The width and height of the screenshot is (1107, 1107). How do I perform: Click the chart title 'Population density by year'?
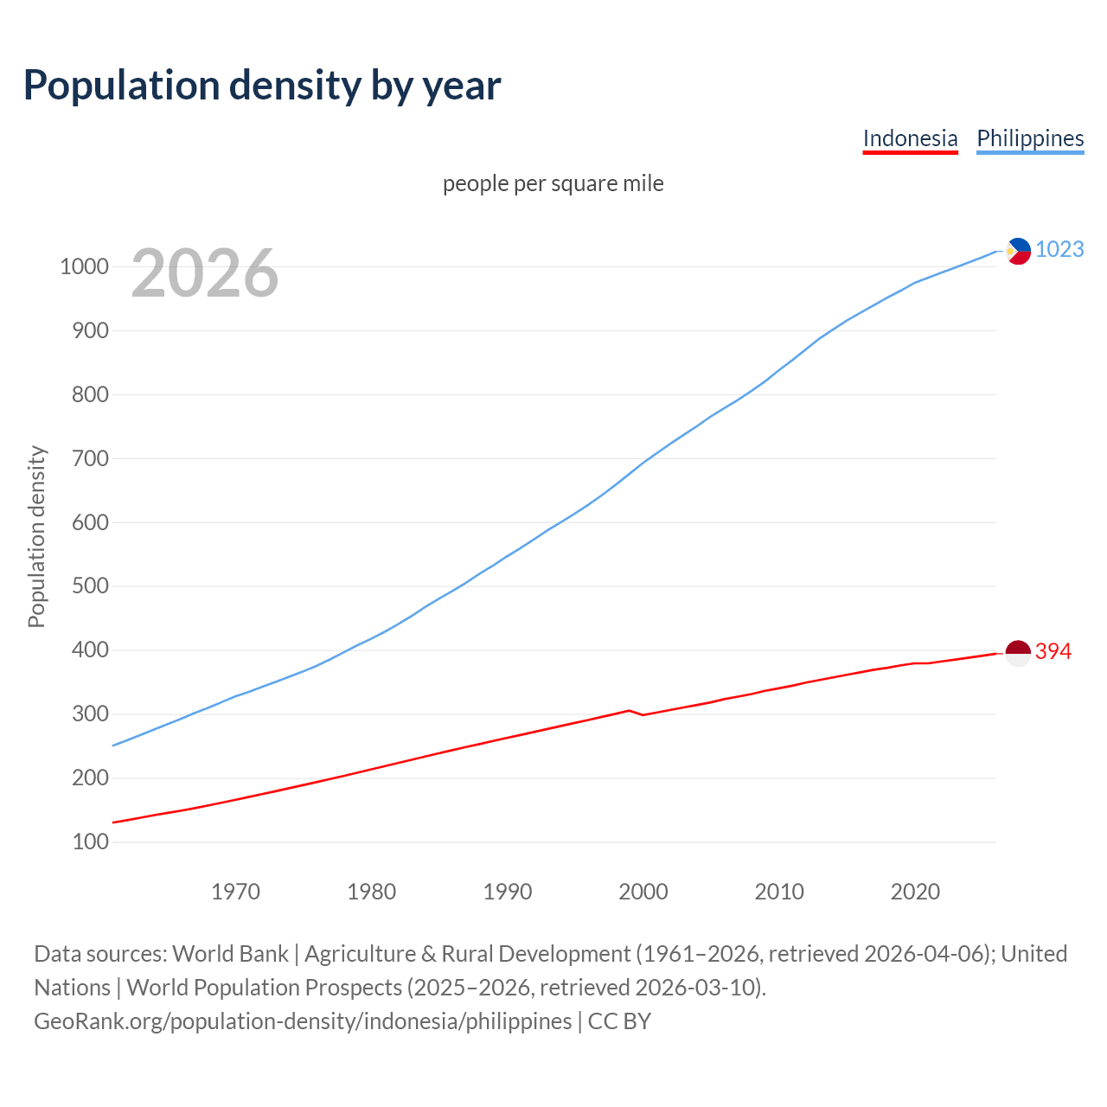click(262, 85)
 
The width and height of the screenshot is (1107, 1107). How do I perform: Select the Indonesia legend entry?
click(910, 138)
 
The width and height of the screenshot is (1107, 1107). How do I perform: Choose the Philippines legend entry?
click(1029, 138)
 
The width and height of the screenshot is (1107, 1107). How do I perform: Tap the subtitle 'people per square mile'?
click(553, 183)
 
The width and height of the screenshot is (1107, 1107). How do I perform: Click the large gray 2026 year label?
click(205, 273)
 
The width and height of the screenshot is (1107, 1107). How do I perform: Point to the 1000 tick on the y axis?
click(84, 266)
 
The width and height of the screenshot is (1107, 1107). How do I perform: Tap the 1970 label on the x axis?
click(235, 892)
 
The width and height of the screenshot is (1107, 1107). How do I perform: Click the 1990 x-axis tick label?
click(508, 892)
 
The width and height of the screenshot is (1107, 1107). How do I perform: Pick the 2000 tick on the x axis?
click(643, 892)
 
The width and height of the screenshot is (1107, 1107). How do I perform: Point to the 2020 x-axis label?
click(915, 892)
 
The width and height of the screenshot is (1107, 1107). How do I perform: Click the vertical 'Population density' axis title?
click(36, 536)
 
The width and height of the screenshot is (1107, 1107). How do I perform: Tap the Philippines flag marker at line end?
click(1018, 251)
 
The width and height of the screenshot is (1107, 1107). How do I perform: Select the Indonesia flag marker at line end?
click(1018, 653)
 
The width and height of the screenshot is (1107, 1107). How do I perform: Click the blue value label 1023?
click(1059, 249)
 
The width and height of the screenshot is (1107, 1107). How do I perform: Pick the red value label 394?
click(1053, 651)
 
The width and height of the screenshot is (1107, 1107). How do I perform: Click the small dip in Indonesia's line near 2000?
click(643, 714)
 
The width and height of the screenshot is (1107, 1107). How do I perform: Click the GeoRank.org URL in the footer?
click(303, 1021)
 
